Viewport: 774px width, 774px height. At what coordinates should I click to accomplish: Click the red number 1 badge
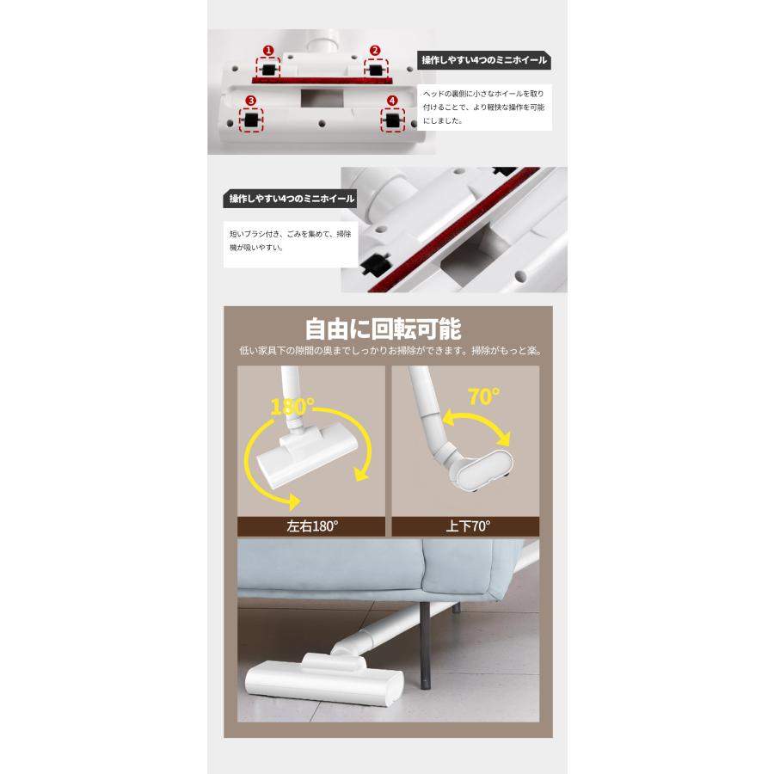coord(267,51)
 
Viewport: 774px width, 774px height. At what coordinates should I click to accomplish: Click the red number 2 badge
coord(375,51)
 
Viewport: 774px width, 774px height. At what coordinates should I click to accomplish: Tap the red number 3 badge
coord(250,101)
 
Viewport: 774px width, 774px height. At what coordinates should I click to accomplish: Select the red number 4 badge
coord(393,101)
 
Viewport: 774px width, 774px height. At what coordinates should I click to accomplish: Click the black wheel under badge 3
coord(251,121)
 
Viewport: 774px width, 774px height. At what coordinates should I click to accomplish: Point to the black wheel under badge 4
coord(393,121)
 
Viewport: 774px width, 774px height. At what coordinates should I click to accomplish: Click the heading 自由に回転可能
coord(383,329)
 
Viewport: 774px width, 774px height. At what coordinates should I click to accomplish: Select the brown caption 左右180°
coord(311,526)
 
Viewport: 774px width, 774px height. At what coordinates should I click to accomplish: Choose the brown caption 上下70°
coord(465,526)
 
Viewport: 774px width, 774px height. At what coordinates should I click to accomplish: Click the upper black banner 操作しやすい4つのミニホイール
coord(483,61)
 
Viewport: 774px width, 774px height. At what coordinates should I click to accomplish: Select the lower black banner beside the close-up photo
coord(290,199)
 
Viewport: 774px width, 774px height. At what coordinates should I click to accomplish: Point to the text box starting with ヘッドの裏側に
coord(483,107)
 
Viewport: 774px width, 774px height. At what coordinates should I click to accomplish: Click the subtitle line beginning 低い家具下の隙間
coord(390,351)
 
